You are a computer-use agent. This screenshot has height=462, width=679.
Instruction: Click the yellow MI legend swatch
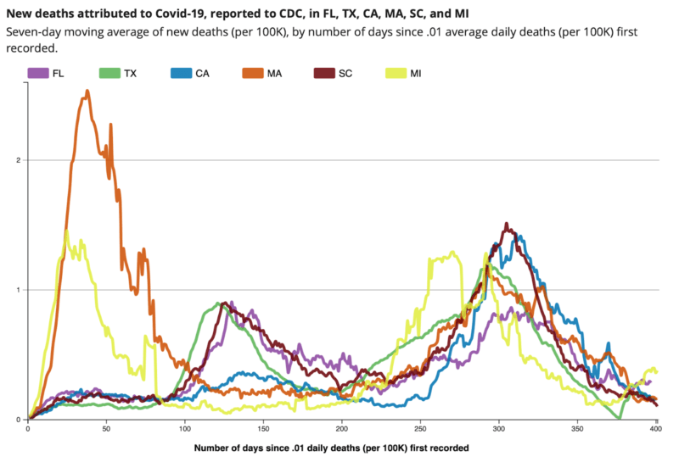(396, 74)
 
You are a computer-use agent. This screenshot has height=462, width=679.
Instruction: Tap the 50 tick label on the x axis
(106, 430)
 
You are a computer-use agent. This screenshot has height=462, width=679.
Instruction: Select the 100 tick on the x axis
(184, 430)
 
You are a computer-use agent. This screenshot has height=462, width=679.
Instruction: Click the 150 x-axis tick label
(263, 430)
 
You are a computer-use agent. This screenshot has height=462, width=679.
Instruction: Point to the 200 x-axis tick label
(341, 430)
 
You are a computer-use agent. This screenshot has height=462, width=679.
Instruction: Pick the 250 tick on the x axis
(420, 430)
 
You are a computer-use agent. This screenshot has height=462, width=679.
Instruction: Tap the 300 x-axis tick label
(499, 430)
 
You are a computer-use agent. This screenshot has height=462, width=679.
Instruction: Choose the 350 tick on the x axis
(577, 430)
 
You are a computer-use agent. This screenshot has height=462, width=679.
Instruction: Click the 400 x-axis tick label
(655, 430)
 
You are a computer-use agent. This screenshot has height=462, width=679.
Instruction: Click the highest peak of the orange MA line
(87, 92)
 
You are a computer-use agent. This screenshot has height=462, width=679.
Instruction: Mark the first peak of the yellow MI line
(66, 231)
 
